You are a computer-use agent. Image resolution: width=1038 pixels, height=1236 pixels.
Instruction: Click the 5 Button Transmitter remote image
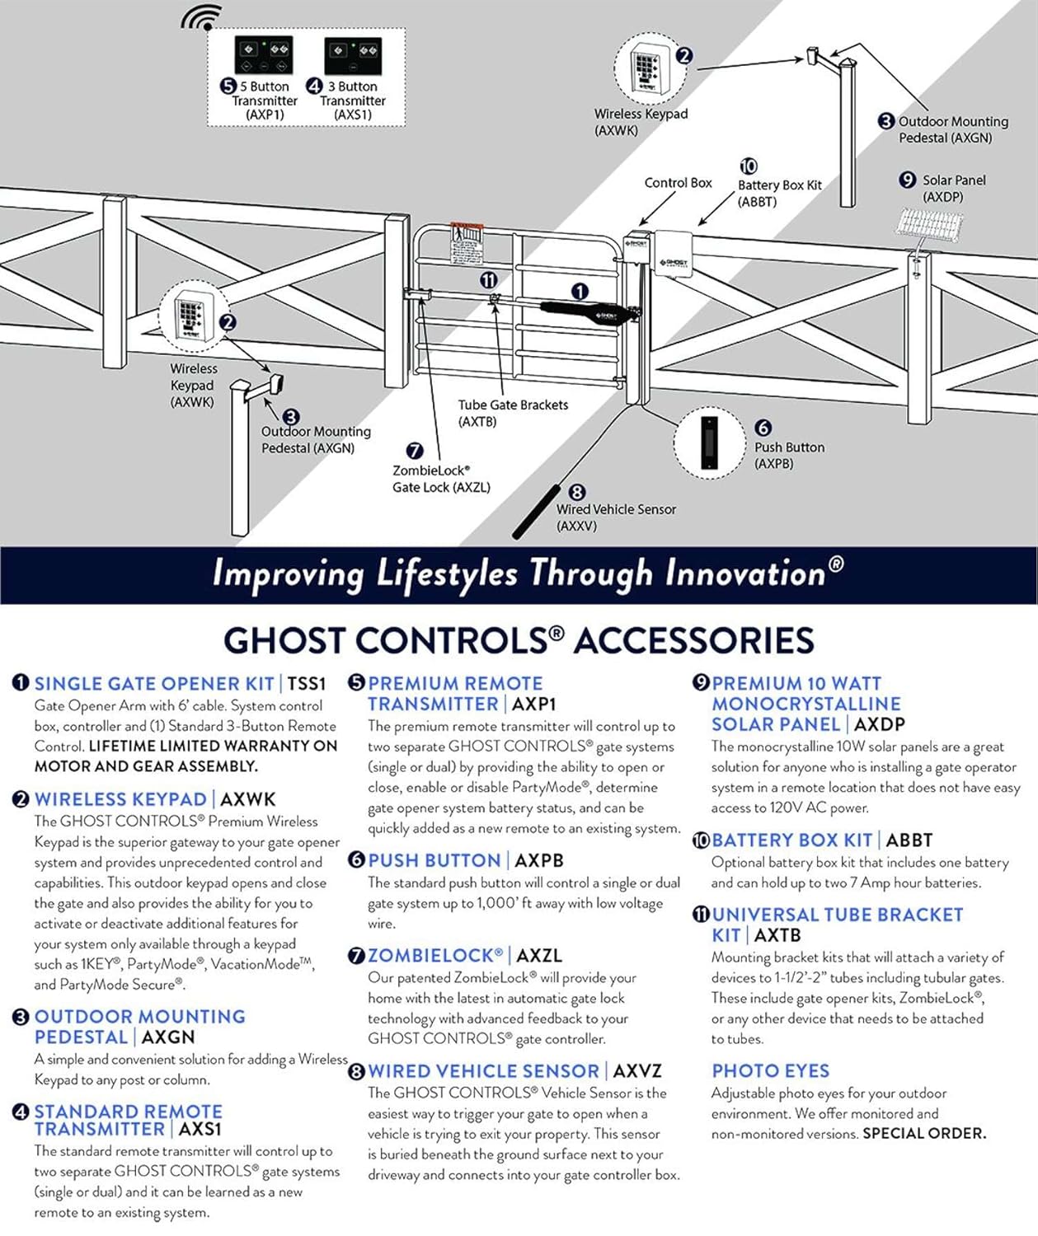pyautogui.click(x=264, y=55)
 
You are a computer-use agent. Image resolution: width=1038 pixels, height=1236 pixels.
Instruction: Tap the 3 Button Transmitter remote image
pyautogui.click(x=353, y=55)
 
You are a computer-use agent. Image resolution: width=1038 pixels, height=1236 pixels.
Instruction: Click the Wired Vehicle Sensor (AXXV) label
pyautogui.click(x=616, y=517)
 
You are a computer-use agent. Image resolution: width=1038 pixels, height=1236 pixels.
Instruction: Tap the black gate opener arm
pyautogui.click(x=587, y=311)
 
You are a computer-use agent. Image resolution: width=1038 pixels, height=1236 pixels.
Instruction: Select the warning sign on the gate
pyautogui.click(x=467, y=241)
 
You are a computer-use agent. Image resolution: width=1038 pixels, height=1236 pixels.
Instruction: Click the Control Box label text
pyautogui.click(x=678, y=183)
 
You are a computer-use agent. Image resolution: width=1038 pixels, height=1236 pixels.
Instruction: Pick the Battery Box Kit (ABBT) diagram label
pyautogui.click(x=779, y=193)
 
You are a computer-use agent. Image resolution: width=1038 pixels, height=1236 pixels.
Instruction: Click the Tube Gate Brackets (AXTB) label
pyautogui.click(x=513, y=413)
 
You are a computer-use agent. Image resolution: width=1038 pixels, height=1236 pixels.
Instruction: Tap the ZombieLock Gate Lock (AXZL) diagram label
pyautogui.click(x=441, y=479)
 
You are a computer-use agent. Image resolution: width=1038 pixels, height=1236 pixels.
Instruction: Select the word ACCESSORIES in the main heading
pyautogui.click(x=694, y=641)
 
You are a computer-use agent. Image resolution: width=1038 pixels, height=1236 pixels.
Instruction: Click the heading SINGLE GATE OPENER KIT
pyautogui.click(x=154, y=684)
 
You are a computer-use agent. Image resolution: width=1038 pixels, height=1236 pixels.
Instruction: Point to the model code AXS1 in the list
pyautogui.click(x=200, y=1129)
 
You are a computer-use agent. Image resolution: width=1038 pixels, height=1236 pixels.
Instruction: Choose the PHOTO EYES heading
pyautogui.click(x=770, y=1071)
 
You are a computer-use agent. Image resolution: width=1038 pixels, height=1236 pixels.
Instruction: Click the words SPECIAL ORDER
pyautogui.click(x=924, y=1134)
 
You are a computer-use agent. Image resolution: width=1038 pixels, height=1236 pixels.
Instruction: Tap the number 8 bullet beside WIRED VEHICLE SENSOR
pyautogui.click(x=356, y=1071)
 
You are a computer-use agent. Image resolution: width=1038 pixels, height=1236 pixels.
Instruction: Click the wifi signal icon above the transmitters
pyautogui.click(x=202, y=16)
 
